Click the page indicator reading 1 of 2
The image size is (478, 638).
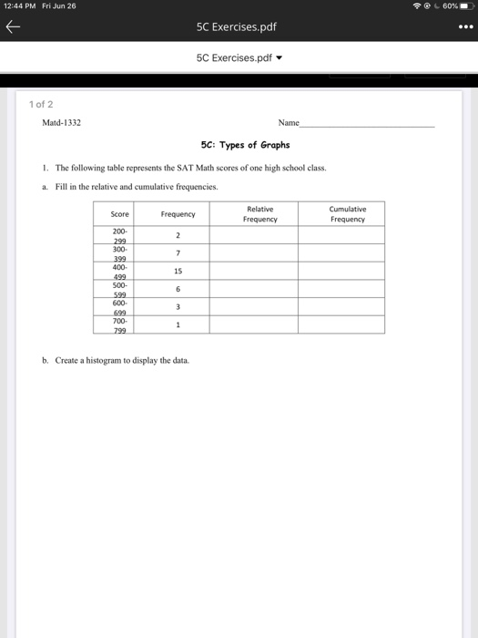pos(40,104)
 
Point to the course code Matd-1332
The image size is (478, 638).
pos(62,122)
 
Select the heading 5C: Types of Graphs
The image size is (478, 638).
pos(244,145)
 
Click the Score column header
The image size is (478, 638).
pos(119,214)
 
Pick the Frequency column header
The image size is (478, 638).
pos(178,214)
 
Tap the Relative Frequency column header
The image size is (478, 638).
pos(259,214)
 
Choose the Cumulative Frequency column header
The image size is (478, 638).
pos(348,214)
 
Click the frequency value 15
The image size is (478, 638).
pos(178,272)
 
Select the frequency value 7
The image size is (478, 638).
pos(178,252)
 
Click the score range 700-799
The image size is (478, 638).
pos(119,325)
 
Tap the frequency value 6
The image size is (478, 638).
pos(178,290)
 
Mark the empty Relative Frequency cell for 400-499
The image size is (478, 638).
pos(259,272)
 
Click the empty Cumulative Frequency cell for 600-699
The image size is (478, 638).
pos(348,307)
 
